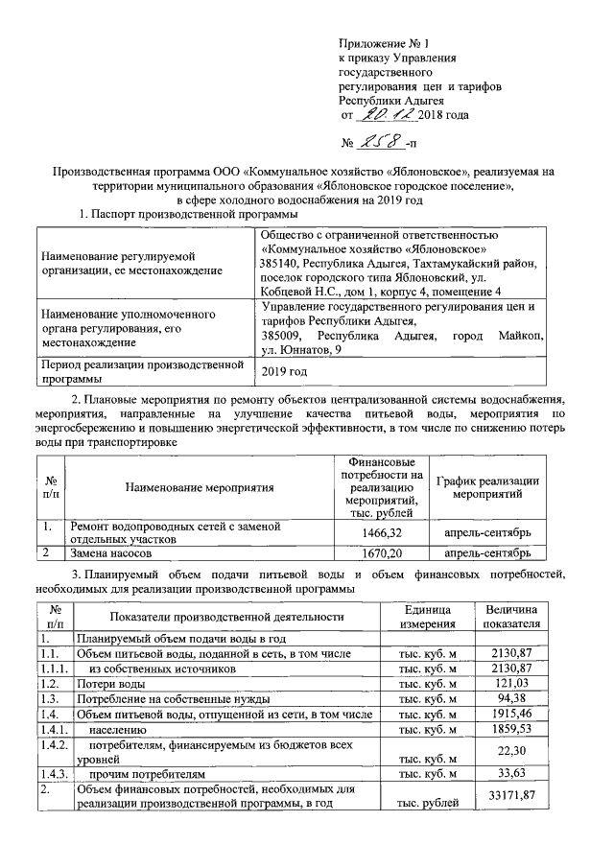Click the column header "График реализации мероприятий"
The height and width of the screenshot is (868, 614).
[487, 486]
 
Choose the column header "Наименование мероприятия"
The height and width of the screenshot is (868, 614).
[200, 487]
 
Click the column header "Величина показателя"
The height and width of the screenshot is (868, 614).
[511, 615]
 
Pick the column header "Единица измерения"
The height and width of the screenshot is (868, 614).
[427, 615]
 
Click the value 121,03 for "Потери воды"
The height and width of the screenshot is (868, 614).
[511, 684]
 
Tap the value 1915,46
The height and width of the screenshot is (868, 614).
[511, 715]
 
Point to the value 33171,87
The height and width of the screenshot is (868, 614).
[511, 795]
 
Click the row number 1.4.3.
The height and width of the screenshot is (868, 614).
[52, 772]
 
